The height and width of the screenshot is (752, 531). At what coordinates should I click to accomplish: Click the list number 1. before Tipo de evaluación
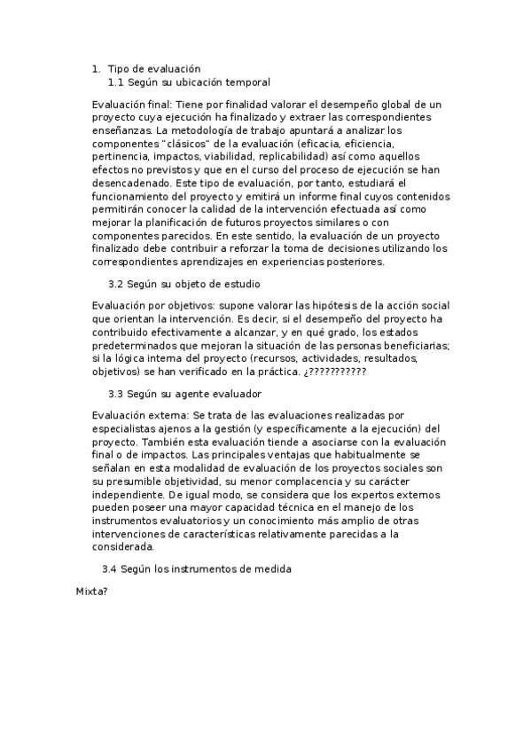tap(97, 68)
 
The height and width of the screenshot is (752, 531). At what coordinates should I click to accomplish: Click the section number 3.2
tap(114, 285)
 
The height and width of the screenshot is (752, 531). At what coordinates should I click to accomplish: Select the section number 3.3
tap(114, 393)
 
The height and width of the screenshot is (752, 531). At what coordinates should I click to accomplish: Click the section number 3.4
tap(111, 568)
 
